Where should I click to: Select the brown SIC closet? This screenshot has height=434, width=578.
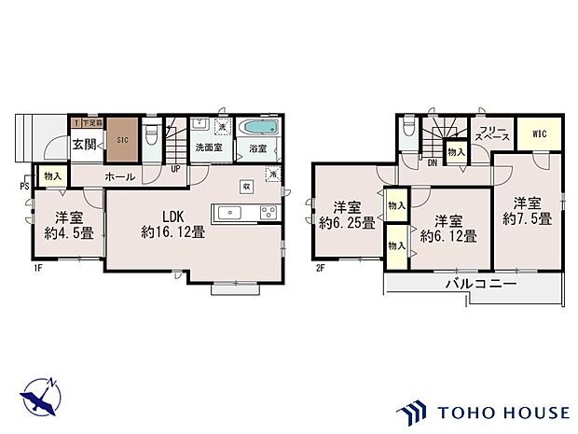pyautogui.click(x=120, y=139)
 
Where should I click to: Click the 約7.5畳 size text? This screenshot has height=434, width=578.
pyautogui.click(x=527, y=218)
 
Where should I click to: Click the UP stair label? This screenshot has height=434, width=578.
pyautogui.click(x=175, y=168)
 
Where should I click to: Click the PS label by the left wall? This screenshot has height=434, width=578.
pyautogui.click(x=23, y=184)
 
